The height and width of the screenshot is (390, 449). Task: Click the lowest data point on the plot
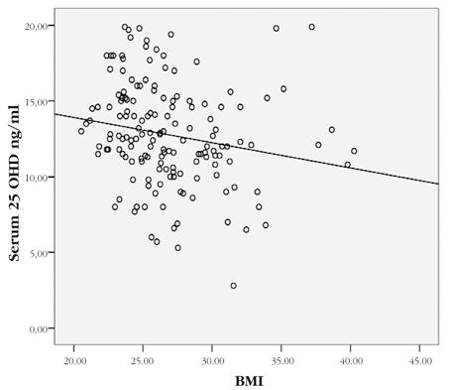[234, 286]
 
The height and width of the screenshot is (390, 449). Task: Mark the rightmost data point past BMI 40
[354, 151]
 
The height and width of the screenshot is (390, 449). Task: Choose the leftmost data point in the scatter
[81, 131]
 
